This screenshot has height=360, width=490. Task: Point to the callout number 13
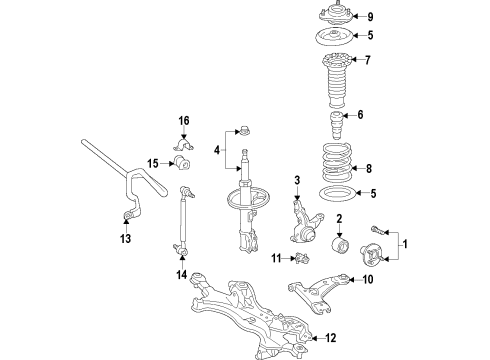coord(125,239)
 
